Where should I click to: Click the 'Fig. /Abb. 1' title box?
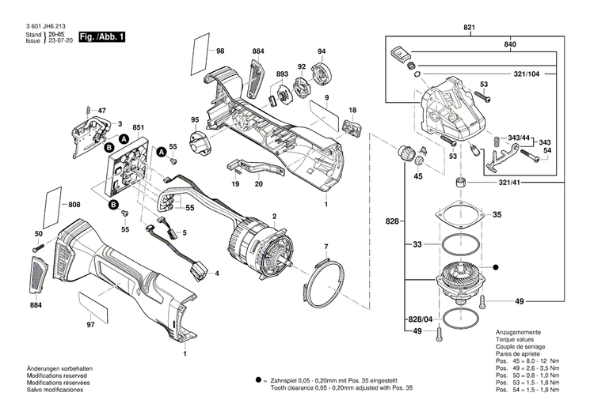[x=101, y=37]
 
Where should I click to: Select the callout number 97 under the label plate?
[x=90, y=325]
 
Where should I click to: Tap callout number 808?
[x=74, y=206]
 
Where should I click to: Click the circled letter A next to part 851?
[x=124, y=139]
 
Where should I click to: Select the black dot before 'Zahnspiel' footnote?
[x=258, y=380]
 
